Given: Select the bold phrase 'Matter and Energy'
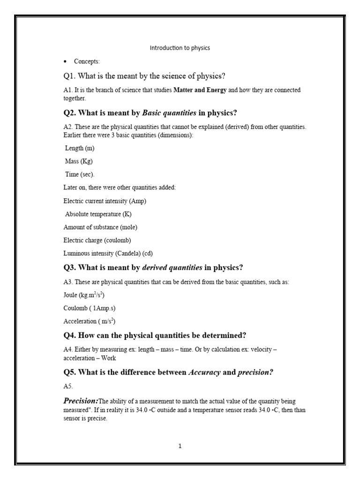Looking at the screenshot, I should coord(200,90).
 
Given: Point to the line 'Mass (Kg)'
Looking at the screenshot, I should coord(79,161).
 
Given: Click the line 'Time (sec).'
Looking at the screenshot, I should coord(80,174).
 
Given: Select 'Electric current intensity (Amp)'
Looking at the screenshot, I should coord(107,201).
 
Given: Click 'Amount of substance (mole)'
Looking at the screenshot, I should coord(100,227).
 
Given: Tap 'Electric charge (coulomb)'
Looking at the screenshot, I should coord(97,240).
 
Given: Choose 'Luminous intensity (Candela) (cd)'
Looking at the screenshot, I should coord(108,253).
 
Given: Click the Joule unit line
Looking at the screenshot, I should coord(84,295).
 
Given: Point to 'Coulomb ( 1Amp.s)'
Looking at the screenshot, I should coord(89,308).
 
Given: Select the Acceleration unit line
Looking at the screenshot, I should coord(90,322).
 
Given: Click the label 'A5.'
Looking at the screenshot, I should coord(68,387).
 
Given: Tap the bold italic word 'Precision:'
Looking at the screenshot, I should coord(81,401).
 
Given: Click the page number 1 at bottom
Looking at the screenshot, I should coord(180,446).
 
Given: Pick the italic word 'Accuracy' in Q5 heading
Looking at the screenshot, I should coord(204,373).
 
